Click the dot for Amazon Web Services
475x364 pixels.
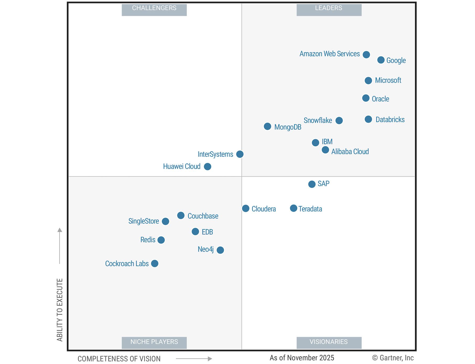(x=366, y=54)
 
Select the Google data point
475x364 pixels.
(x=381, y=60)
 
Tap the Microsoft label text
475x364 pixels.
(x=388, y=80)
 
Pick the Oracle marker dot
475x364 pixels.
(x=366, y=98)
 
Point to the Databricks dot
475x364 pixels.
(x=368, y=119)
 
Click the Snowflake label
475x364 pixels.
(x=318, y=120)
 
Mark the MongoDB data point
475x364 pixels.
(x=267, y=126)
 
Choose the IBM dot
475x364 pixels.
(x=315, y=142)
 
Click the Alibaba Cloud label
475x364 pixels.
(x=350, y=152)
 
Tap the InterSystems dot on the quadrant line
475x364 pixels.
(x=240, y=154)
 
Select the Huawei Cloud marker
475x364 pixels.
(x=208, y=167)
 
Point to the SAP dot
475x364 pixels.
(x=312, y=184)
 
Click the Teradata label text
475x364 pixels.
(x=310, y=209)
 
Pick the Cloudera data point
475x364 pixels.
(x=245, y=208)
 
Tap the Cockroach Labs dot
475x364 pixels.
(x=155, y=263)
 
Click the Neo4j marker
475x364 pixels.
(x=220, y=250)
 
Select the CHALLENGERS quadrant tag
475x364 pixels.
(x=154, y=8)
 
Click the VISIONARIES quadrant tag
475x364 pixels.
(x=329, y=342)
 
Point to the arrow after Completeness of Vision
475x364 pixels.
(x=194, y=359)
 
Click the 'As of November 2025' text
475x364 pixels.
(x=302, y=358)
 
